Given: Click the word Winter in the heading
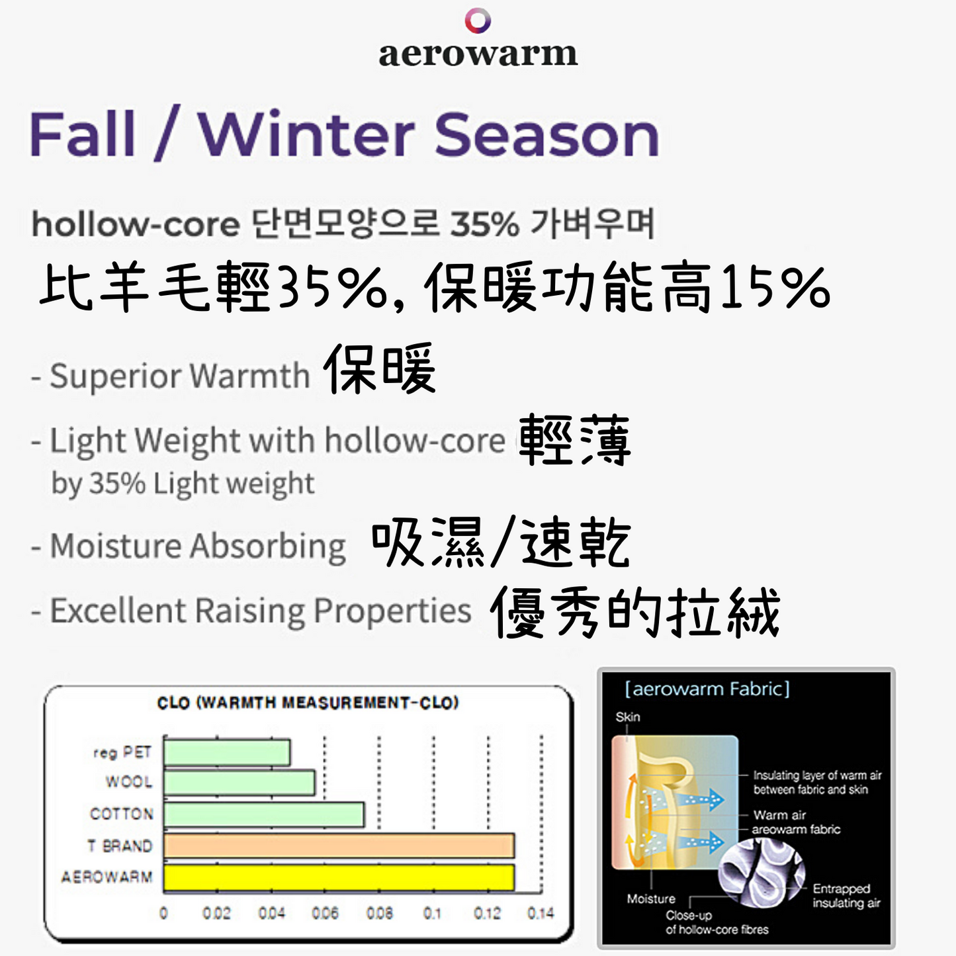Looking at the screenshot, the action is [306, 134].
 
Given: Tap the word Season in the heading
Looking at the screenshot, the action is [546, 134].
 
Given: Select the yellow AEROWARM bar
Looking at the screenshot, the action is [339, 877].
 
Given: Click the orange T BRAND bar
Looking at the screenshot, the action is [339, 846].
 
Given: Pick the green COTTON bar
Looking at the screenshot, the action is [264, 814].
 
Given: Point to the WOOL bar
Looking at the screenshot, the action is [239, 783].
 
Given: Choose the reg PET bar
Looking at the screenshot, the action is [227, 752].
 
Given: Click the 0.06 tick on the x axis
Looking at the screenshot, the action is [325, 914].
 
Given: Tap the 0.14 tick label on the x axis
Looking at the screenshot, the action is [541, 914].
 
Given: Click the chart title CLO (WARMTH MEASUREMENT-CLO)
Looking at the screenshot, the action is [308, 703].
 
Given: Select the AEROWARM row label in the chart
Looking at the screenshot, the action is [107, 877].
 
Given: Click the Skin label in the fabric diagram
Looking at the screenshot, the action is [628, 717].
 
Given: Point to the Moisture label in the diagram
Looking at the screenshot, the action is [651, 899].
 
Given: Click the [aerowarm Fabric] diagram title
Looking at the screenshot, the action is [707, 689].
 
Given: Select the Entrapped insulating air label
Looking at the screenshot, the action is [846, 896].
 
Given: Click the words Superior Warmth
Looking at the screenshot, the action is [180, 376].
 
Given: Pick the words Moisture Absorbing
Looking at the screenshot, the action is [198, 546].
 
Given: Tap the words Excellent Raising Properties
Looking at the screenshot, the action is [261, 611].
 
